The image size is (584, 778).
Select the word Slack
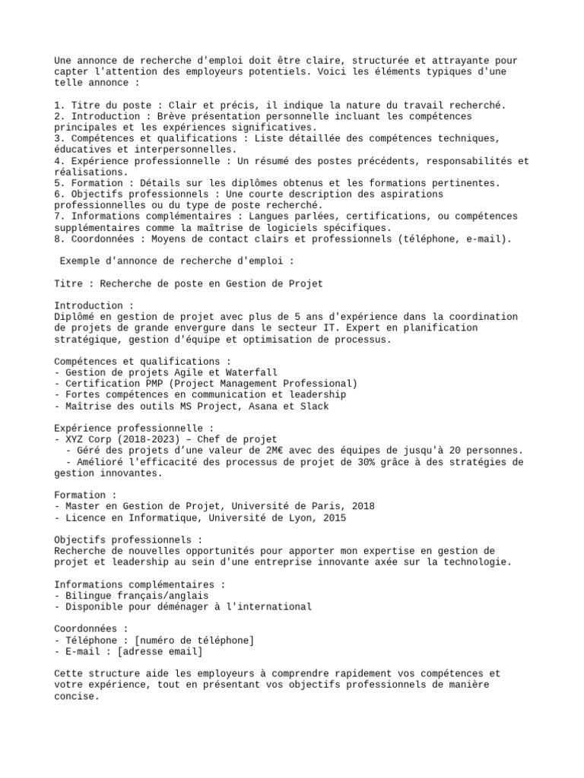point(313,406)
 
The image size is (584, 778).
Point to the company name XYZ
point(75,439)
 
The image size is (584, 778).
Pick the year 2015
point(333,517)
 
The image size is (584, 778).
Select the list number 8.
point(58,239)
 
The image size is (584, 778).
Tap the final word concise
point(77,695)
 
